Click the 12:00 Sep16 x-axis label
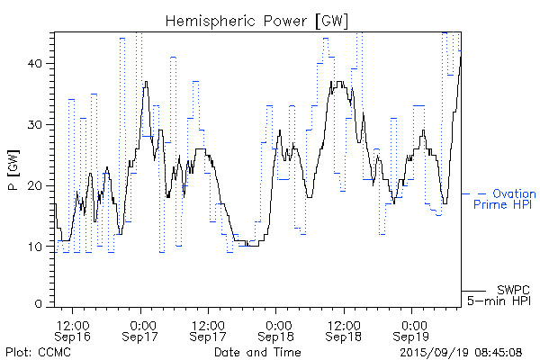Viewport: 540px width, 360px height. pyautogui.click(x=72, y=329)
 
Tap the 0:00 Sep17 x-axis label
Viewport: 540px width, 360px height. pyautogui.click(x=141, y=329)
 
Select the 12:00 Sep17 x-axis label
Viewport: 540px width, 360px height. pyautogui.click(x=209, y=329)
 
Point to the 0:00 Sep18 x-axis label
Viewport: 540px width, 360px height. pyautogui.click(x=278, y=329)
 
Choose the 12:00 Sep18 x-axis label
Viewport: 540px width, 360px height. pyautogui.click(x=345, y=329)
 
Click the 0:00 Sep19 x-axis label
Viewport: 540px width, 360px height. pyautogui.click(x=414, y=329)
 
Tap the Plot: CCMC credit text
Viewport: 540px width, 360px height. pyautogui.click(x=38, y=351)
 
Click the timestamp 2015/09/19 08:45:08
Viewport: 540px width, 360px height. pyautogui.click(x=462, y=351)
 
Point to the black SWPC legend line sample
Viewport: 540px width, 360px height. pyautogui.click(x=473, y=290)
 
